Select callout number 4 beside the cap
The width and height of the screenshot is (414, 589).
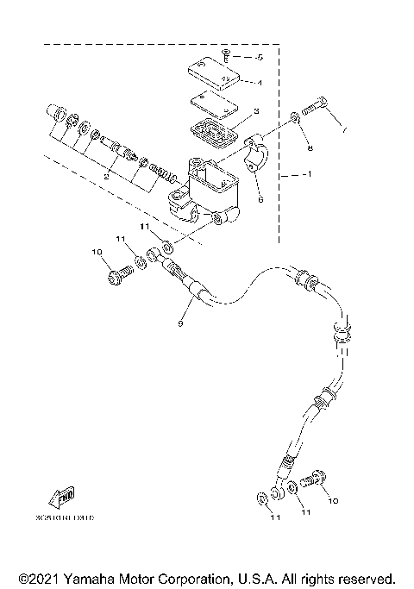(258, 83)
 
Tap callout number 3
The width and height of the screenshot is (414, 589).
(256, 112)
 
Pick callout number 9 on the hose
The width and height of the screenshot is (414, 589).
(179, 324)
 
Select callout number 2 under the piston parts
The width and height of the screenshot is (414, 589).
(106, 176)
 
